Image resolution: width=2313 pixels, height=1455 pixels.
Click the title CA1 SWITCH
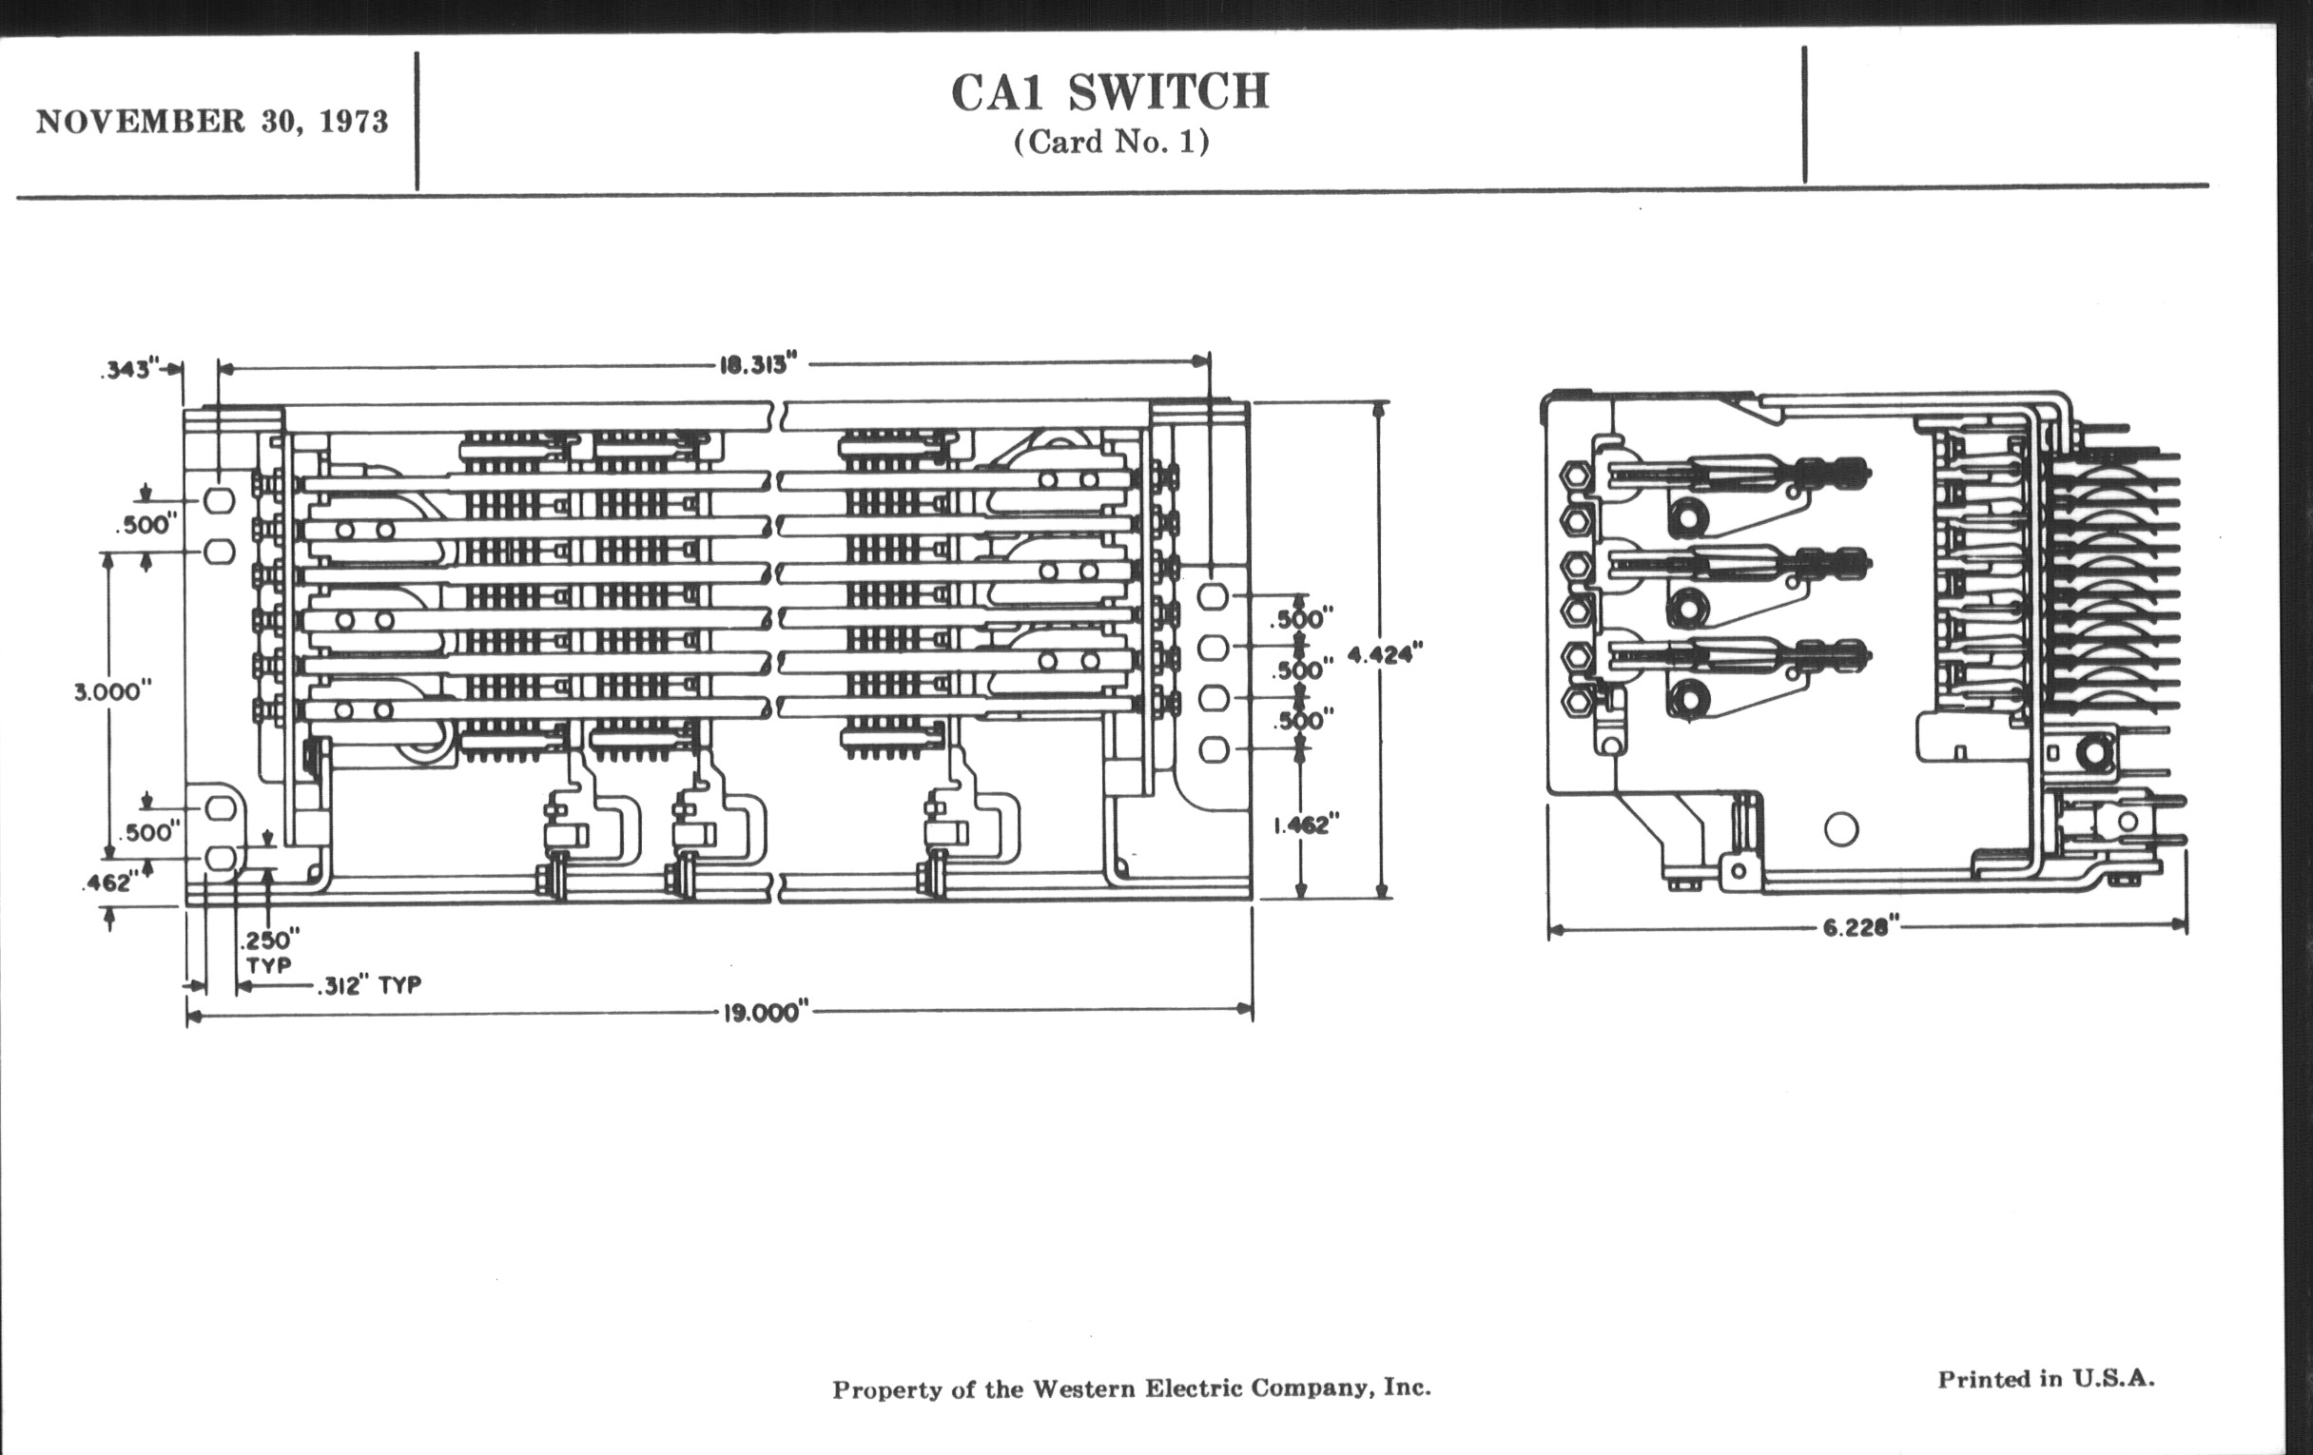click(1111, 92)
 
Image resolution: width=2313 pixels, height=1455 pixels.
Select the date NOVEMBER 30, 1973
click(212, 122)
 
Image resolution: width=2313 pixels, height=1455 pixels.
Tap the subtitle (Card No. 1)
click(1112, 142)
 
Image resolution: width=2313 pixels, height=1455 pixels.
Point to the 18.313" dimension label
click(759, 365)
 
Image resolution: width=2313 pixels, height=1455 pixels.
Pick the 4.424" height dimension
click(1384, 654)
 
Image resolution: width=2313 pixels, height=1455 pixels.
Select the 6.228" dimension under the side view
click(1861, 928)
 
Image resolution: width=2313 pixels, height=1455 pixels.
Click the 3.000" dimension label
click(113, 691)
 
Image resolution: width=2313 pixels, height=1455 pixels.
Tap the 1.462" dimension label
click(1306, 825)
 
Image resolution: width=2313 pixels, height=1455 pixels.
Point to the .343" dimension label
click(129, 370)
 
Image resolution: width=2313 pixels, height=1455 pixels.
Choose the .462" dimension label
click(107, 883)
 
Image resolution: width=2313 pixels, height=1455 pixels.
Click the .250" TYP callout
click(269, 951)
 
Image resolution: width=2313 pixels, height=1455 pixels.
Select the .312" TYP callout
click(370, 985)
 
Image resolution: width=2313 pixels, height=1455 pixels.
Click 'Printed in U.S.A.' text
click(2046, 1379)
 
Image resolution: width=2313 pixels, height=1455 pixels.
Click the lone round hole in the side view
click(1840, 829)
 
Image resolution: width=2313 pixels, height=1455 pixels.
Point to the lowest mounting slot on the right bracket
click(1215, 749)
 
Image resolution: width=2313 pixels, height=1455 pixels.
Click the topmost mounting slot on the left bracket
click(220, 500)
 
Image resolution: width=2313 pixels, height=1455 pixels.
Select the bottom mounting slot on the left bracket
click(221, 858)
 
